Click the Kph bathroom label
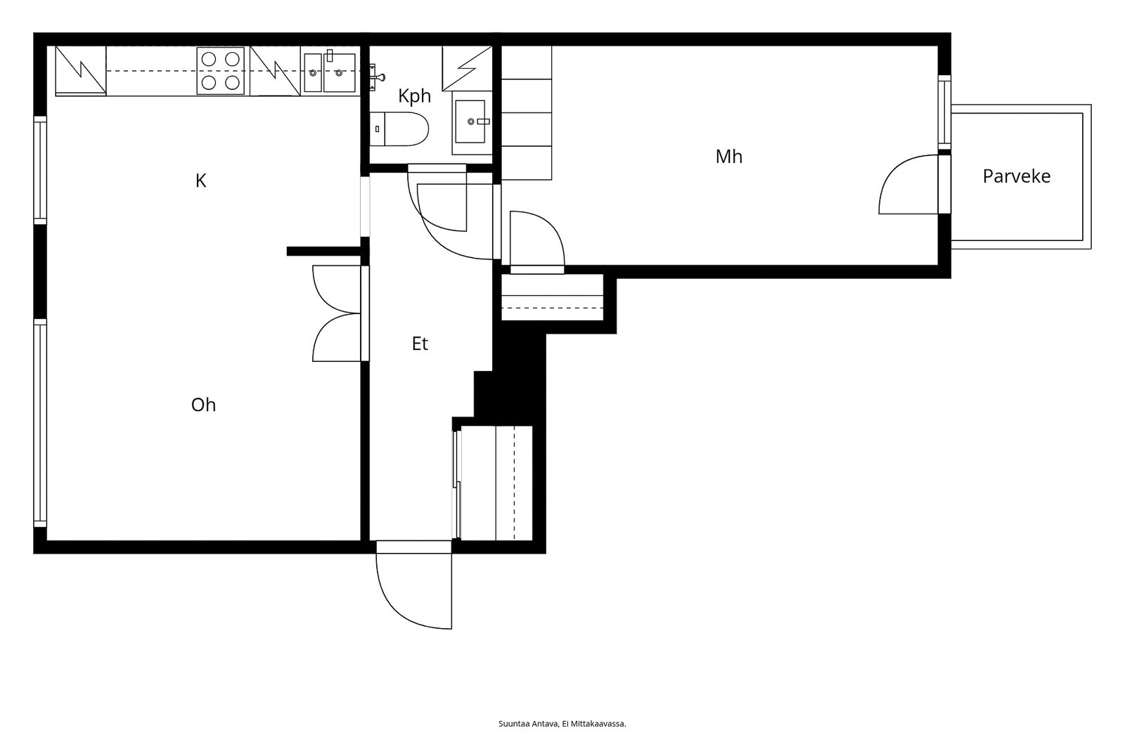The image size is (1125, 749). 414,96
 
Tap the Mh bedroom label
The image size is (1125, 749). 728,157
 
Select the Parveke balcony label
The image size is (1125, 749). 1017,176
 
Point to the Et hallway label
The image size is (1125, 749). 420,344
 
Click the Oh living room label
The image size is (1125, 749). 203,405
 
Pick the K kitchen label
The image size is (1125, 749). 201,181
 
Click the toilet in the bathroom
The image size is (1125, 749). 399,129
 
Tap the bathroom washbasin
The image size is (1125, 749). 470,122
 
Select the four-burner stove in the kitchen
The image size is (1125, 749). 221,71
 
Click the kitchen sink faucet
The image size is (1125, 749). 330,56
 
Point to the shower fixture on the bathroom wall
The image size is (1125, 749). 377,77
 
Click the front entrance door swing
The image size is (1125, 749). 414,585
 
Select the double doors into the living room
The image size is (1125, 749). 337,313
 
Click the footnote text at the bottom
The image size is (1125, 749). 562,724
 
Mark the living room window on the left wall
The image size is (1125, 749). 40,423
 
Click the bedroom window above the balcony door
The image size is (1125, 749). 945,112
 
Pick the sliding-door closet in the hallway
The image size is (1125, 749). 493,483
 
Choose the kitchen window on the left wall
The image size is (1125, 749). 40,170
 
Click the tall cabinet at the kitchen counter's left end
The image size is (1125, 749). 80,70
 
